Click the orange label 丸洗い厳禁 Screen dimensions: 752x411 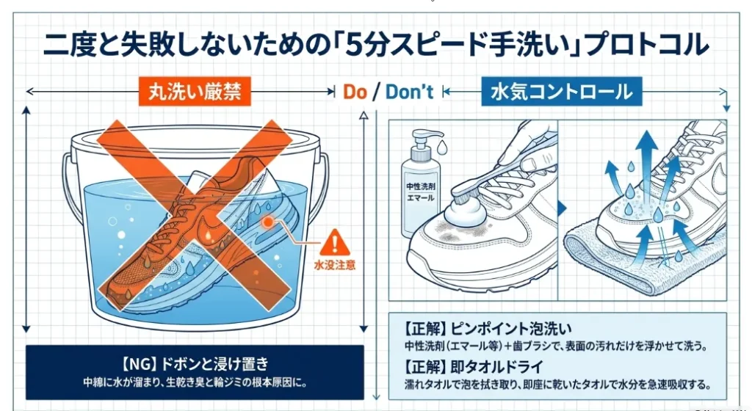click(195, 91)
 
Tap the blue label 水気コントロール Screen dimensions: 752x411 click(562, 92)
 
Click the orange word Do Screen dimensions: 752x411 click(355, 92)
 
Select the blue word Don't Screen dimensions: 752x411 click(409, 92)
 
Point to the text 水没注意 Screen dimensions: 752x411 click(335, 265)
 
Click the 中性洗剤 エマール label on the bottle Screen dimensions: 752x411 click(420, 192)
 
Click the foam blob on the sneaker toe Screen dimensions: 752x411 click(465, 213)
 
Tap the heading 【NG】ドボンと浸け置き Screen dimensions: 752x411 click(194, 364)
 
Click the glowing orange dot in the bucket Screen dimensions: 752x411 click(267, 222)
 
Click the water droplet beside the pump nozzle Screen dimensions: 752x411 click(442, 147)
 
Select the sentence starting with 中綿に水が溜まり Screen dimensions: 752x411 click(194, 383)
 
